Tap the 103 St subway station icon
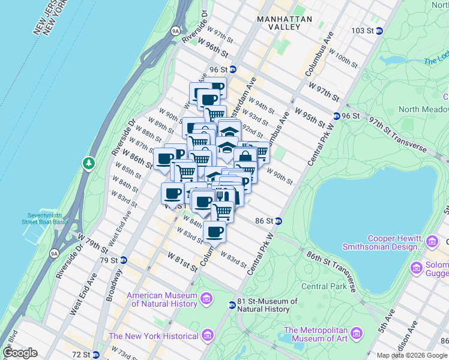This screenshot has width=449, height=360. [x=379, y=31]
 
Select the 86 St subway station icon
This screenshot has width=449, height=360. [x=279, y=221]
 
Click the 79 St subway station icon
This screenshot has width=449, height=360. [x=123, y=260]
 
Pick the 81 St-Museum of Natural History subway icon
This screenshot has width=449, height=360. [x=232, y=305]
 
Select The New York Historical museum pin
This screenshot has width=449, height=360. [x=208, y=335]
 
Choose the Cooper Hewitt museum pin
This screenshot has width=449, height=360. [x=432, y=242]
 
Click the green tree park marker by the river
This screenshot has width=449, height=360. [x=89, y=163]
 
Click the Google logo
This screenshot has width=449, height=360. [x=20, y=353]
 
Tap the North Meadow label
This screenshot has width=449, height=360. [x=424, y=109]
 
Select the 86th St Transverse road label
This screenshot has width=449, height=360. [x=331, y=272]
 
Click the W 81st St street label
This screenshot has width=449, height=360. [x=183, y=262]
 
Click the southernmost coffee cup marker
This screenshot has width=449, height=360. [x=214, y=231]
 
